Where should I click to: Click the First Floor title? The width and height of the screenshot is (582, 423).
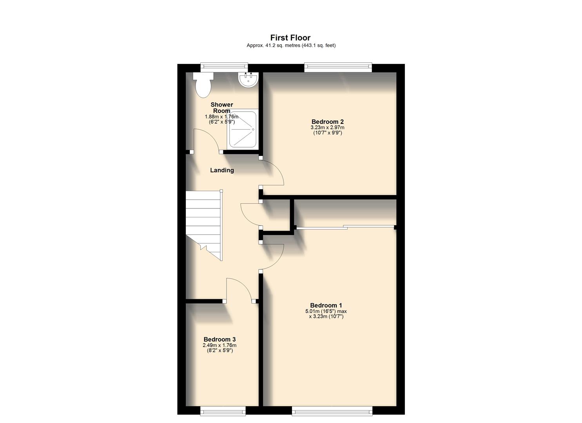point(290,38)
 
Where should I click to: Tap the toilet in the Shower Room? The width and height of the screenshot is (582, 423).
point(203,86)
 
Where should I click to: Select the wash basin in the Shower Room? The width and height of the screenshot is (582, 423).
point(248,80)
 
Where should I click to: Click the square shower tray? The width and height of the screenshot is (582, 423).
point(243,130)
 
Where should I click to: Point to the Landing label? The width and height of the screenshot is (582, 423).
point(222,170)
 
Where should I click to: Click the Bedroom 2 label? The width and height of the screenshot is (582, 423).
point(327,122)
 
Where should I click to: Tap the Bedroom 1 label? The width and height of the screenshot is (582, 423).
point(326,305)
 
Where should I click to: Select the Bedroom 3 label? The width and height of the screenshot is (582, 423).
point(219,340)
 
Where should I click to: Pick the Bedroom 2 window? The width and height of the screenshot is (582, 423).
point(338,67)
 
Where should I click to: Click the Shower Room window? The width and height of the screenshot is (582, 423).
point(224,67)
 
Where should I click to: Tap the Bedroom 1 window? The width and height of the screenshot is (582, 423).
point(332,410)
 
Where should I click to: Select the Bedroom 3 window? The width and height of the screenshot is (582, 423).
point(223,410)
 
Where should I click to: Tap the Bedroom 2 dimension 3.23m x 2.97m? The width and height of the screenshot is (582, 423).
point(327,127)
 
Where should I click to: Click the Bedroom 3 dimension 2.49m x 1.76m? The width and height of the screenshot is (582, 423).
point(219,345)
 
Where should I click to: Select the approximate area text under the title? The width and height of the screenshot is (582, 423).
point(291,45)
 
